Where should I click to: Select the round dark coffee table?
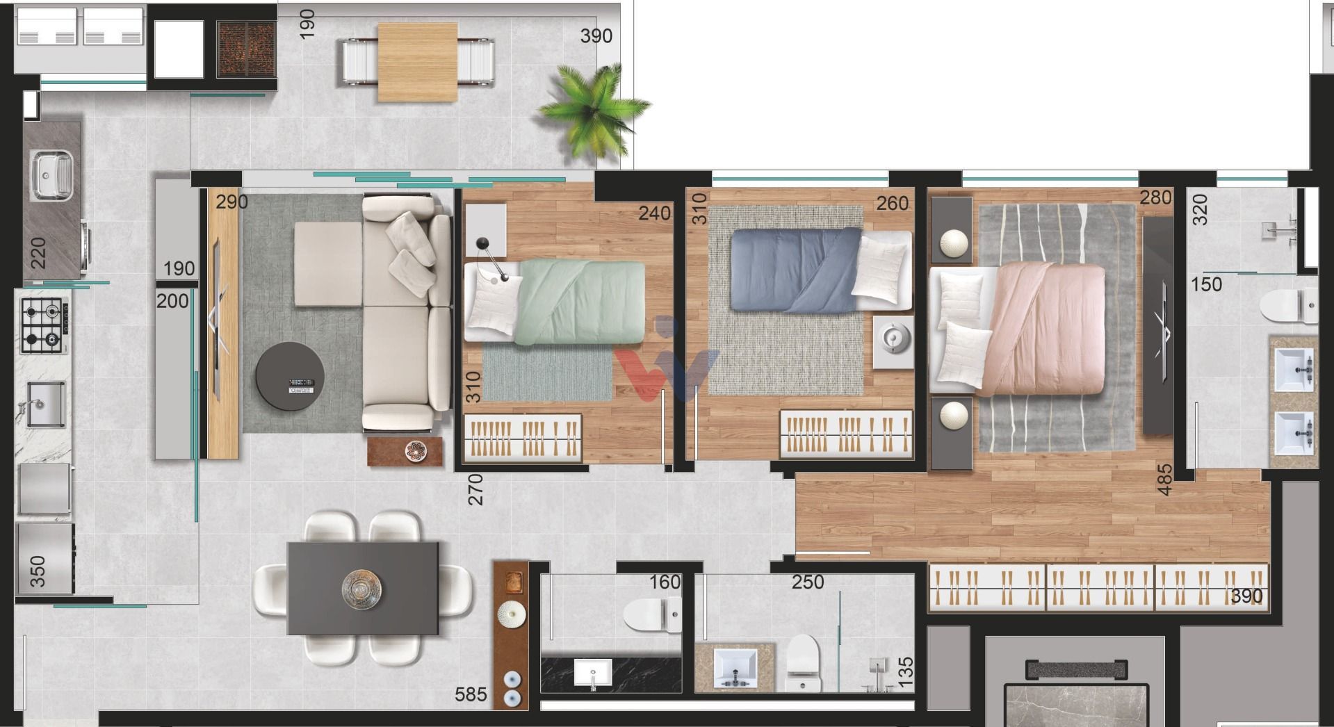pyautogui.click(x=289, y=376)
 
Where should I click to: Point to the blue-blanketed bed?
pyautogui.click(x=821, y=270)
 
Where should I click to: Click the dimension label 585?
pyautogui.click(x=471, y=694)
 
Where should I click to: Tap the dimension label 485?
pyautogui.click(x=1164, y=480)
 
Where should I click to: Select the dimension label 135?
pyautogui.click(x=905, y=673)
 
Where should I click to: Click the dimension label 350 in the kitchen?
pyautogui.click(x=38, y=571)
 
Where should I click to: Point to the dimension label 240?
pyautogui.click(x=654, y=213)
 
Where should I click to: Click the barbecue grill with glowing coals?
pyautogui.click(x=247, y=49)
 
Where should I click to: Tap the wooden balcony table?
pyautogui.click(x=418, y=62)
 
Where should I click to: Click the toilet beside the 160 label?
pyautogui.click(x=653, y=616)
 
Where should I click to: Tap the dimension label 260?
pyautogui.click(x=893, y=203)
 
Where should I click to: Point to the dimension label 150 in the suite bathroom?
pyautogui.click(x=1206, y=284)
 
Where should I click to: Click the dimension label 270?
pyautogui.click(x=475, y=489)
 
